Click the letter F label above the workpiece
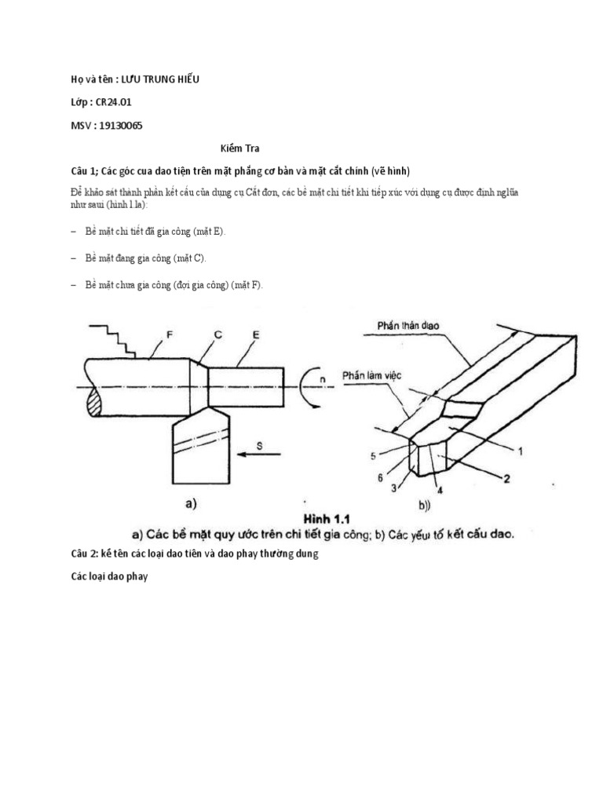(168, 334)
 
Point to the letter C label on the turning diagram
(217, 334)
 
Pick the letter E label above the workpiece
(257, 334)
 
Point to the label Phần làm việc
(371, 376)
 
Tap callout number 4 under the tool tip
(440, 491)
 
